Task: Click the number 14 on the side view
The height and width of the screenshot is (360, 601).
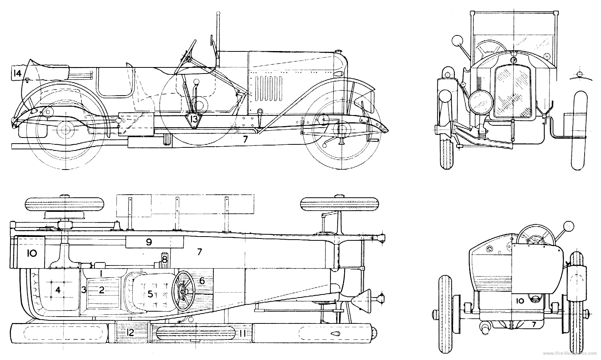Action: pos(16,73)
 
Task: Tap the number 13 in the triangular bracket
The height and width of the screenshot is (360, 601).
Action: pos(194,120)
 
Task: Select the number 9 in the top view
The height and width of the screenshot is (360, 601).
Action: pos(149,242)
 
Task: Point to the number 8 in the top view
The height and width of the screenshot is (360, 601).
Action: pos(164,259)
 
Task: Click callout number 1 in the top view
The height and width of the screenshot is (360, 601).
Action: pos(101,273)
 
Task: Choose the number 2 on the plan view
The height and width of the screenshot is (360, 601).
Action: pos(101,290)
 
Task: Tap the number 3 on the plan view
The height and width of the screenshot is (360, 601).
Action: pos(83,290)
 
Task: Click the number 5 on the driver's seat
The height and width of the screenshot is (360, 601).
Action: pos(150,294)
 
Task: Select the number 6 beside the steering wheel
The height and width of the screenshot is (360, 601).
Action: pos(202,281)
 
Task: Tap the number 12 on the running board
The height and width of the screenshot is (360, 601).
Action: pos(130,333)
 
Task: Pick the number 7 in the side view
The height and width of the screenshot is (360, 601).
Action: pos(245,139)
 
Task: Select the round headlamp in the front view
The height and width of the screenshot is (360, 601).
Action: pos(481,102)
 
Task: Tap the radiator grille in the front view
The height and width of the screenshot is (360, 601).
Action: pos(513,91)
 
